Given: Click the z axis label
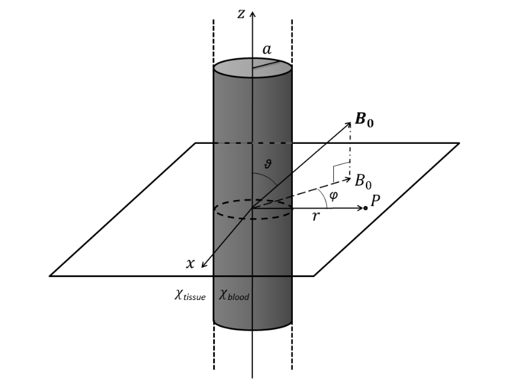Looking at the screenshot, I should [240, 13].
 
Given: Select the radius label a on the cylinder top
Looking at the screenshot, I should [267, 50].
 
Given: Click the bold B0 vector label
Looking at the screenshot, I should [364, 120].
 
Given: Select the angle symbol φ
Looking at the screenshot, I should [333, 195].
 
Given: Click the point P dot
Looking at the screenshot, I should [365, 208].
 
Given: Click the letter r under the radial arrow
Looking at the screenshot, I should [316, 216].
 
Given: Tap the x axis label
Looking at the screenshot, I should [190, 263].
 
